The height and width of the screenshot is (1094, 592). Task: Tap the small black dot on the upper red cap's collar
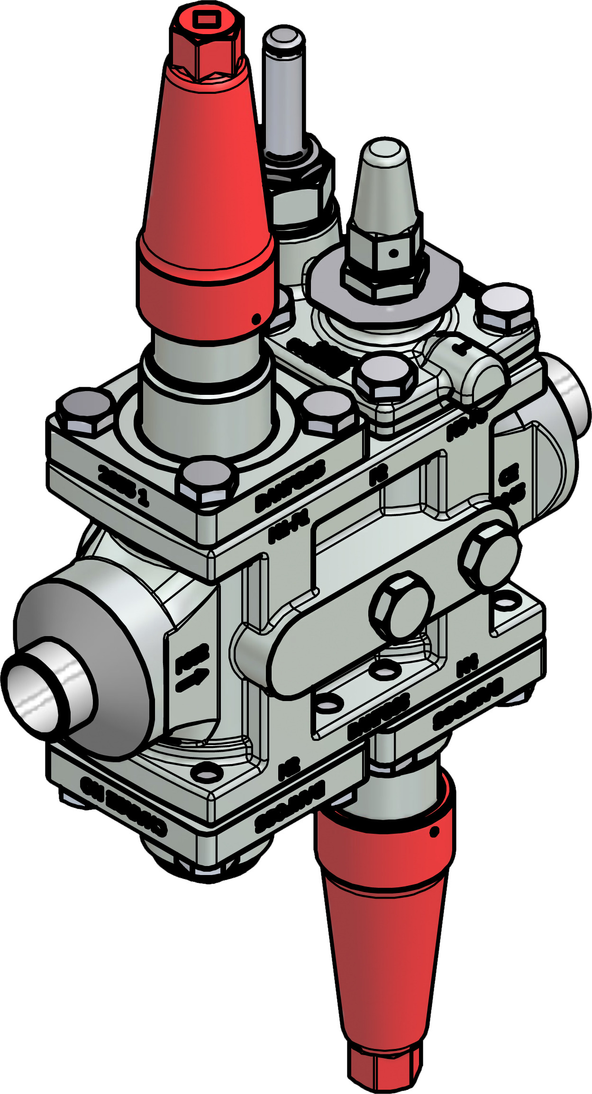(x=256, y=319)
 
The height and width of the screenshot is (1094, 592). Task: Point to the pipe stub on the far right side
(x=571, y=393)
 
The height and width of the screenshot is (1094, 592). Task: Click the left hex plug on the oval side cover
(x=402, y=605)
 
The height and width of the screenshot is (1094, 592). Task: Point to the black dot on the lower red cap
(x=432, y=831)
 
